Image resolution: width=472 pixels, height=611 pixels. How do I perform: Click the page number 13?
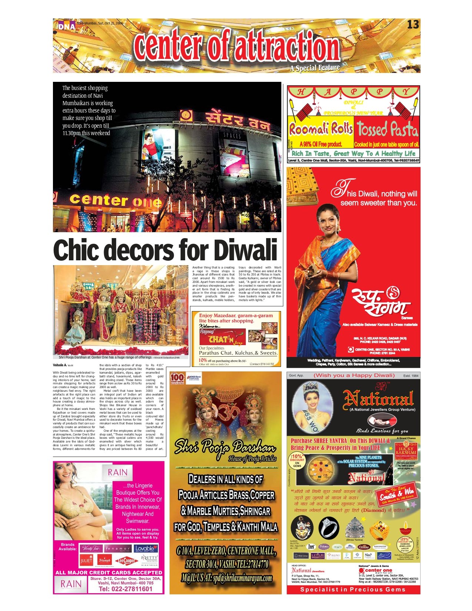[413, 25]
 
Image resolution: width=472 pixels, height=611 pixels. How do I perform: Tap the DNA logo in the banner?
[67, 26]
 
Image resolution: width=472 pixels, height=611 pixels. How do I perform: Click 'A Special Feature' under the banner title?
[315, 68]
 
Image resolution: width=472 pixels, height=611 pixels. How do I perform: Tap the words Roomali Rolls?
[321, 129]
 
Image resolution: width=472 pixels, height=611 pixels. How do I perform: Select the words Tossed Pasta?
[387, 129]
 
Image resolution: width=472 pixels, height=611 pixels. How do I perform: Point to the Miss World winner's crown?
[311, 388]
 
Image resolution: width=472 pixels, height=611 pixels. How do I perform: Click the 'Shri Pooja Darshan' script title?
[225, 448]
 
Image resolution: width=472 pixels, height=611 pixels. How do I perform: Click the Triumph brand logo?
[105, 561]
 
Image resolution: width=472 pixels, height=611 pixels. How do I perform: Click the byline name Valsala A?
[60, 365]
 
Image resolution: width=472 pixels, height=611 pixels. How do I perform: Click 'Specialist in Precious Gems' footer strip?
[353, 589]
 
